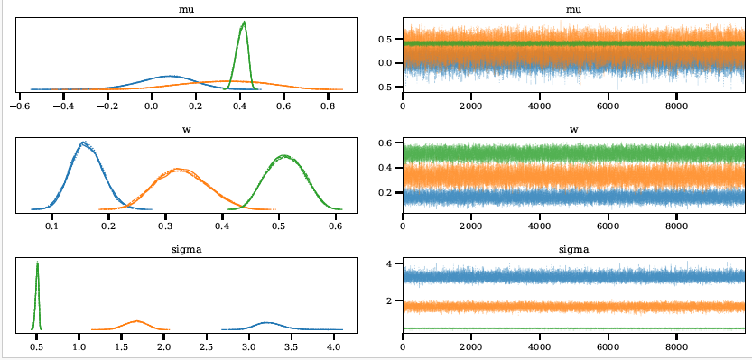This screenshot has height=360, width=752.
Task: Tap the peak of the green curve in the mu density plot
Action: point(243,23)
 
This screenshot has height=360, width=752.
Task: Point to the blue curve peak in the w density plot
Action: point(84,143)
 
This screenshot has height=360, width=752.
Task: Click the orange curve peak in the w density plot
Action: point(180,170)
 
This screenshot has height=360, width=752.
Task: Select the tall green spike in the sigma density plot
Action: point(37,263)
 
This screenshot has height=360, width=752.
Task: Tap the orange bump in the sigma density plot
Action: point(136,321)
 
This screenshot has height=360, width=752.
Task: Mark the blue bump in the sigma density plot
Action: point(266,322)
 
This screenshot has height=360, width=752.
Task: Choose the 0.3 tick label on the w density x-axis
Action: point(166,228)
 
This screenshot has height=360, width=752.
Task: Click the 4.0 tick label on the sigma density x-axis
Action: point(334,346)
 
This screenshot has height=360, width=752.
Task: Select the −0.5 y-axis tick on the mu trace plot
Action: point(384,88)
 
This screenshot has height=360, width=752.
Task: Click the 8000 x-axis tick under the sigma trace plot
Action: point(677,346)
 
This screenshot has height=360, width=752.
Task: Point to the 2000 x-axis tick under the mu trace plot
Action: point(471,105)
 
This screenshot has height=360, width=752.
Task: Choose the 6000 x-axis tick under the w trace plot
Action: point(608,228)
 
